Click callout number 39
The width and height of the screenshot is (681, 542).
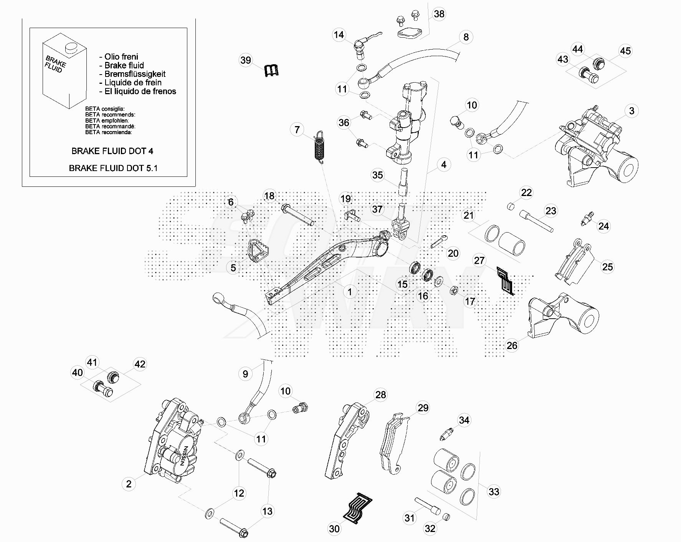click(x=246, y=60)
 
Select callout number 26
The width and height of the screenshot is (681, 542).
click(x=512, y=345)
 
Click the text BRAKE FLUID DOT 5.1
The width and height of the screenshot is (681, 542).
click(x=113, y=168)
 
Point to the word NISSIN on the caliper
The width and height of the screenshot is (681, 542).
click(x=184, y=456)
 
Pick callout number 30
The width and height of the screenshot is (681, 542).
click(x=334, y=529)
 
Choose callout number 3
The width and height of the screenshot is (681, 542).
click(x=631, y=111)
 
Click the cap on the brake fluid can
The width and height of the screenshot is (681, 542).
click(x=71, y=48)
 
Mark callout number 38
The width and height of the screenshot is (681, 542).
click(x=439, y=14)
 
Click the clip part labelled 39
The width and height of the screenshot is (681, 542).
click(x=271, y=70)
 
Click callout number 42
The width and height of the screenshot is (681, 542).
click(x=140, y=364)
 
